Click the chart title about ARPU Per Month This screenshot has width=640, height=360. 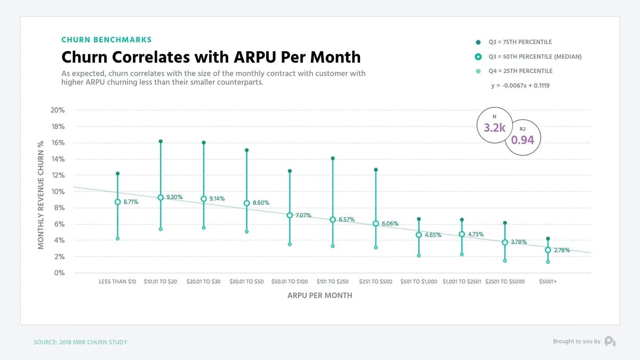click(x=211, y=57)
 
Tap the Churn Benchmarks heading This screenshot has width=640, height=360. click(x=106, y=39)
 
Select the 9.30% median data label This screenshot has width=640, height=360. click(x=174, y=197)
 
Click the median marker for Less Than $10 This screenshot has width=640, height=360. click(x=117, y=202)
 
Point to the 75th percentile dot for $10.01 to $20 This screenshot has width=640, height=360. click(x=161, y=141)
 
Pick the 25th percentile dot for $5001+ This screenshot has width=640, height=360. click(x=548, y=262)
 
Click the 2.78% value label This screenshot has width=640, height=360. click(x=562, y=250)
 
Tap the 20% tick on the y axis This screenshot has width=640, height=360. click(x=58, y=110)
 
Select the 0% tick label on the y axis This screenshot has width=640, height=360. click(x=59, y=273)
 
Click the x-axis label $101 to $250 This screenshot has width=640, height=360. click(x=333, y=282)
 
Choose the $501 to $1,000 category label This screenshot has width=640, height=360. click(x=419, y=282)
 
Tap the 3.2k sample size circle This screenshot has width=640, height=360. click(x=494, y=126)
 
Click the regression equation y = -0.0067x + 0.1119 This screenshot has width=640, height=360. click(x=521, y=85)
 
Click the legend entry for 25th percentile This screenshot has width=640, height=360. click(x=519, y=71)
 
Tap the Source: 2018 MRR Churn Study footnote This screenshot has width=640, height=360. click(x=81, y=342)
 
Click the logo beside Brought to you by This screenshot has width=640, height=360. click(x=610, y=341)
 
